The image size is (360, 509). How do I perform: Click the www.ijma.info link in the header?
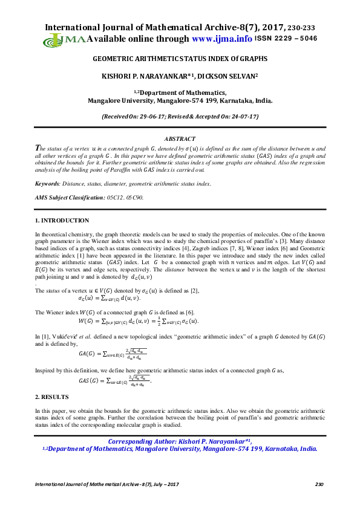[x=222, y=39]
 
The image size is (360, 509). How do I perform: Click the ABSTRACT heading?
[x=180, y=139]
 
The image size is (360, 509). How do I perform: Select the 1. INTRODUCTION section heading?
[x=62, y=221]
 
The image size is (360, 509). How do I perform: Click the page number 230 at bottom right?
[x=320, y=485]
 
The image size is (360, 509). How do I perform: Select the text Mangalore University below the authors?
[x=121, y=101]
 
